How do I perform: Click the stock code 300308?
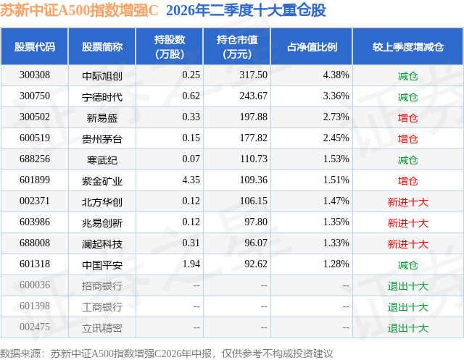pos(35,75)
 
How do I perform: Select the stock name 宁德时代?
pos(102,97)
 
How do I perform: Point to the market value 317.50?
pos(253,75)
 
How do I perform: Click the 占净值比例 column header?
pos(312,46)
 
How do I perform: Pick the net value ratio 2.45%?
pos(336,138)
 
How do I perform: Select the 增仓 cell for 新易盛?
pos(407,118)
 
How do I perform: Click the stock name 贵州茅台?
pos(102,139)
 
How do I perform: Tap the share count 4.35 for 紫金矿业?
pos(191,180)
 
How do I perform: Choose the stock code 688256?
pos(35,159)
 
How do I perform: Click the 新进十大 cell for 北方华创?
pos(407,202)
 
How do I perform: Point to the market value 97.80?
pos(256,222)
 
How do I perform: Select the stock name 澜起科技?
pos(102,244)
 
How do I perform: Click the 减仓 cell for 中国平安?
pos(407,265)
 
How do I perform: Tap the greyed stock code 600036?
pos(35,285)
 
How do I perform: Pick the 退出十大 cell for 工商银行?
pos(407,307)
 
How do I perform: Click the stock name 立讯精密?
pos(102,328)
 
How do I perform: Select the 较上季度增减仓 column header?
pos(407,46)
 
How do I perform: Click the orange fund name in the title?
pos(79,10)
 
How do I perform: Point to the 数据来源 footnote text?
pos(166,353)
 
